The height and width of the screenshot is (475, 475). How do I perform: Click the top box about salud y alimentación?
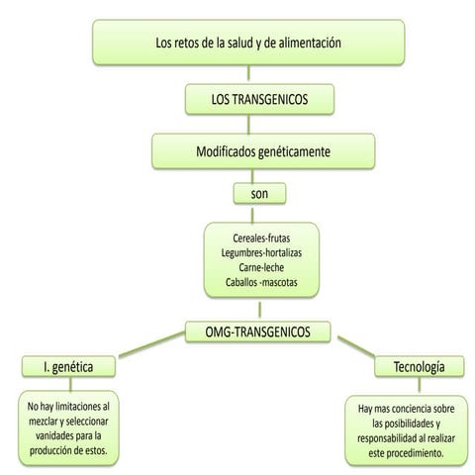point(247,44)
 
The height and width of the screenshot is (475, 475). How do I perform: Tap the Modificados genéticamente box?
point(263,151)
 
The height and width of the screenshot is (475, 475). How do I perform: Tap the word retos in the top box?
point(191,44)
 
